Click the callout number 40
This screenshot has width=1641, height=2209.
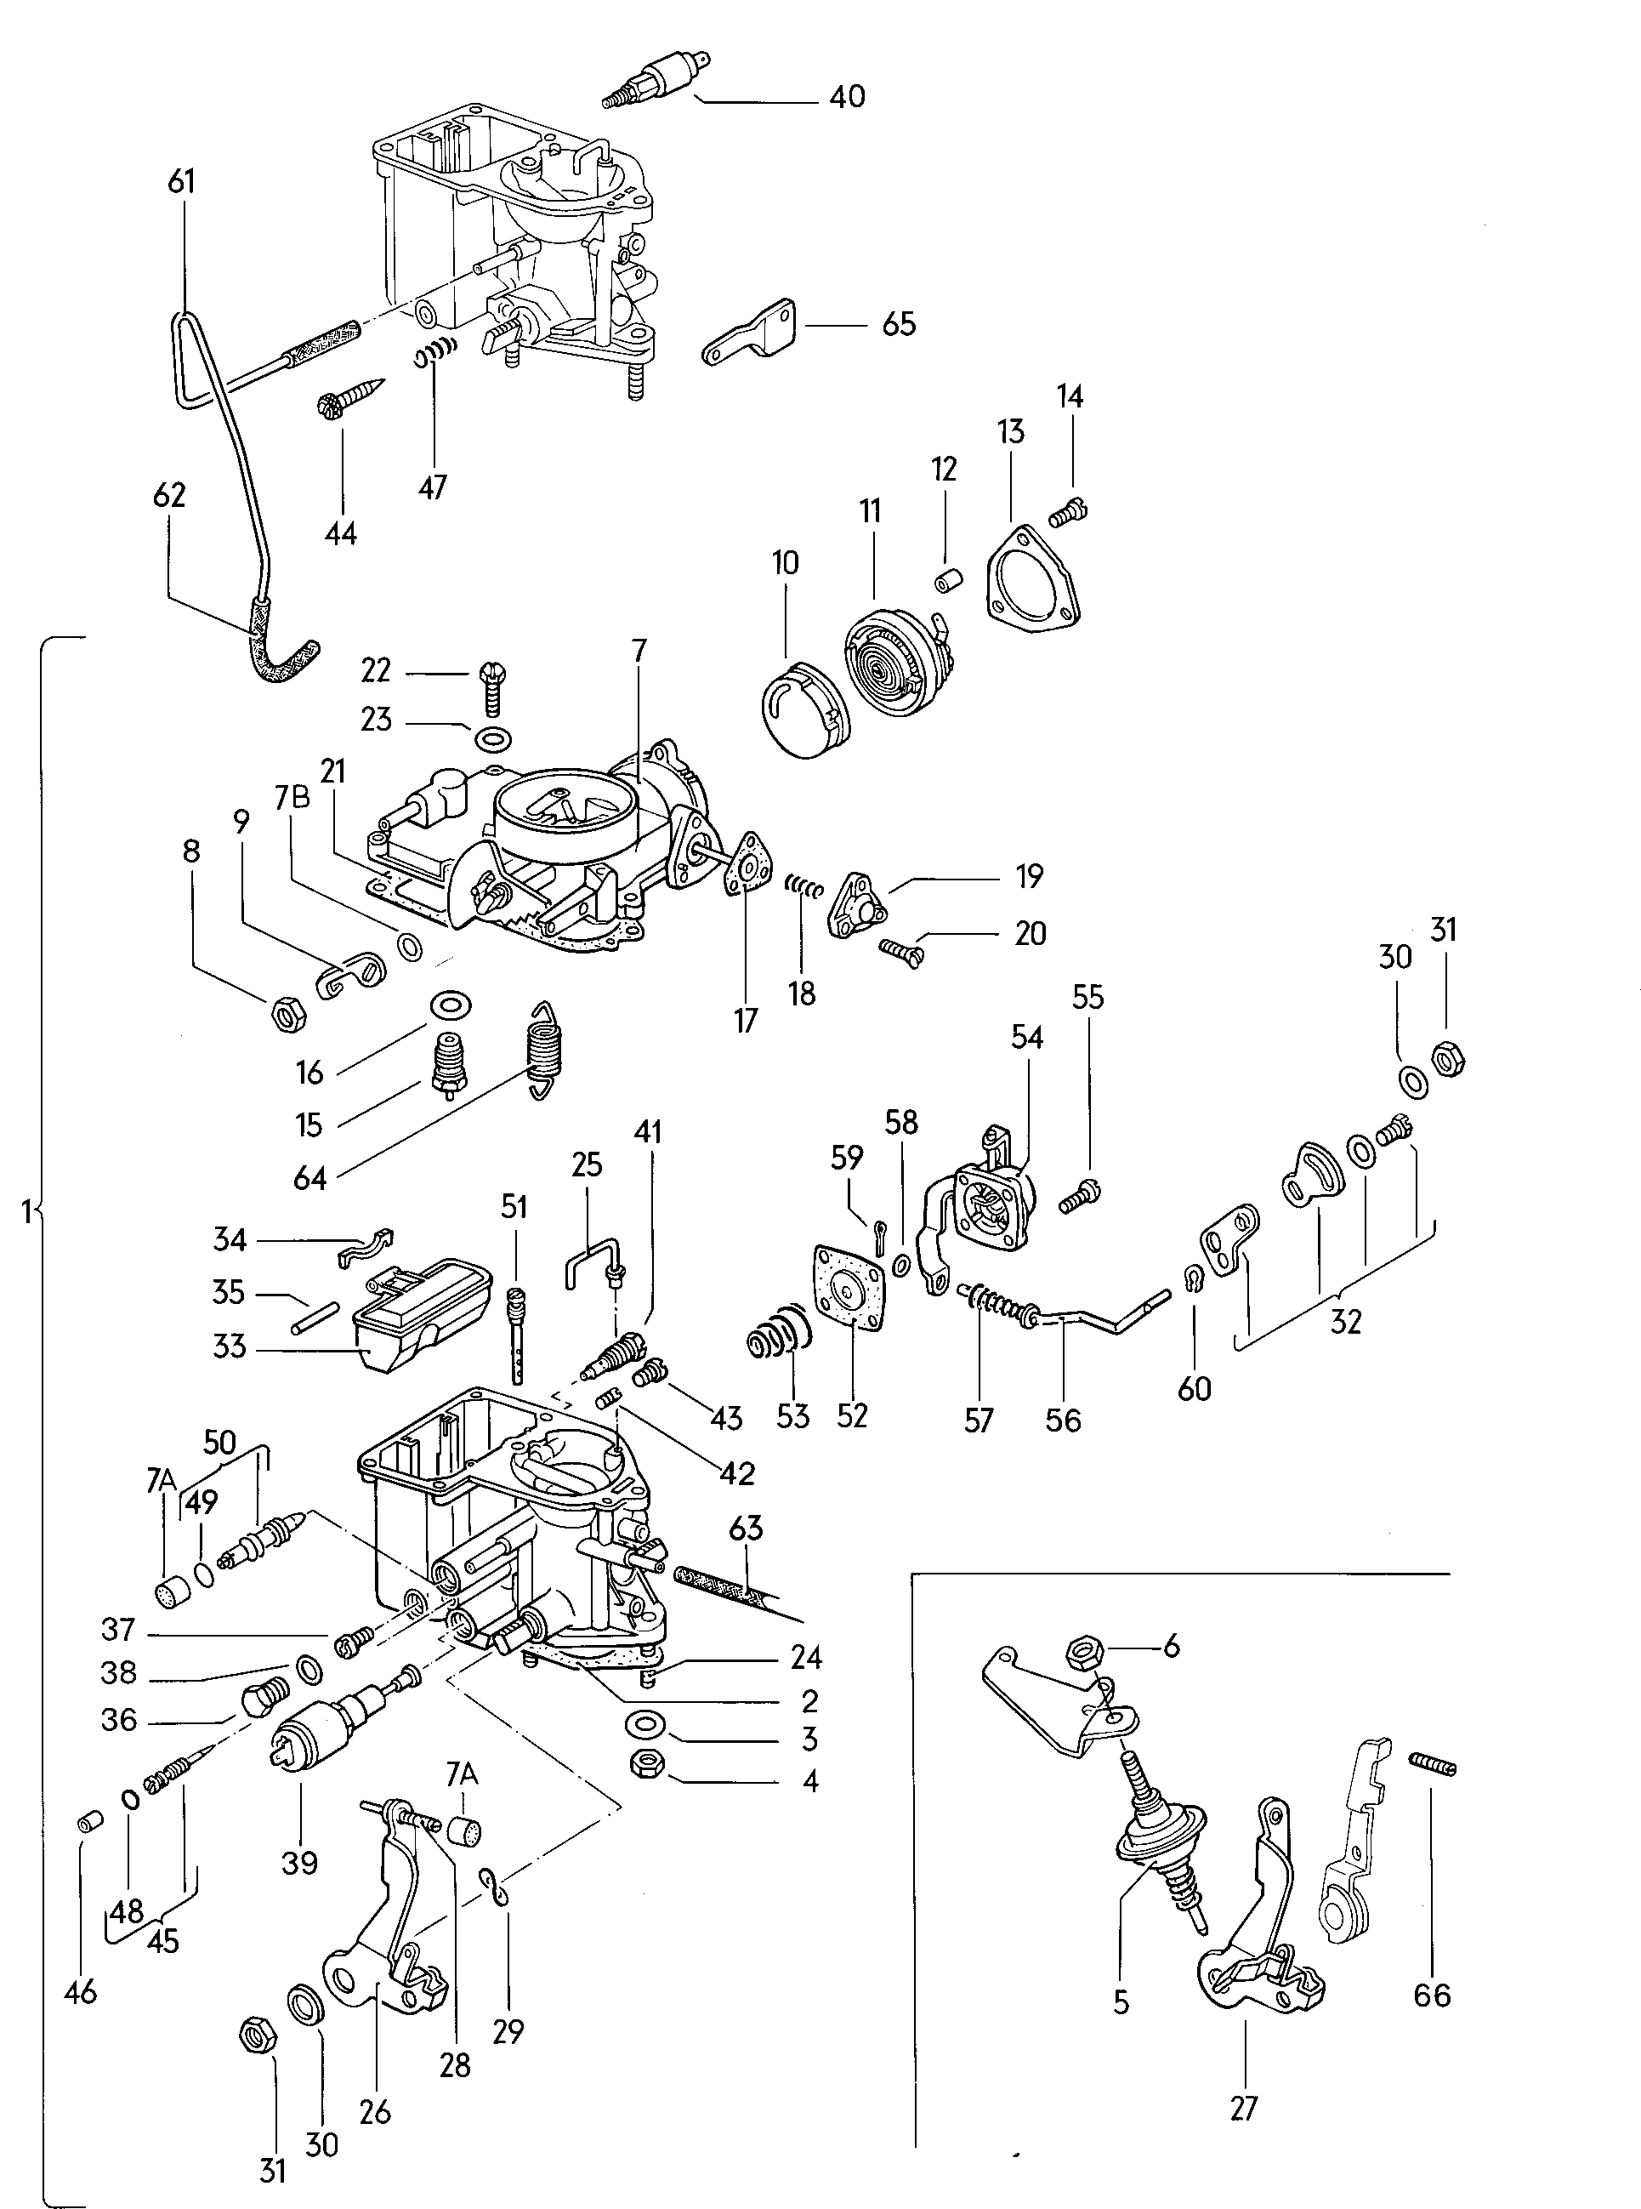846,96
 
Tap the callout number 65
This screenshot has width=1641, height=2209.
899,324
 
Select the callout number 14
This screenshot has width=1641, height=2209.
1070,396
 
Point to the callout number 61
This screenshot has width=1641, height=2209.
182,181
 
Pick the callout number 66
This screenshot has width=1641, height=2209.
1431,1995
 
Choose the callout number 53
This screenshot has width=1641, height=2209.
792,1415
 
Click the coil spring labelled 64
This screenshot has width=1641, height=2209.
542,1048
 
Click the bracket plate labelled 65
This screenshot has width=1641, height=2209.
751,331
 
